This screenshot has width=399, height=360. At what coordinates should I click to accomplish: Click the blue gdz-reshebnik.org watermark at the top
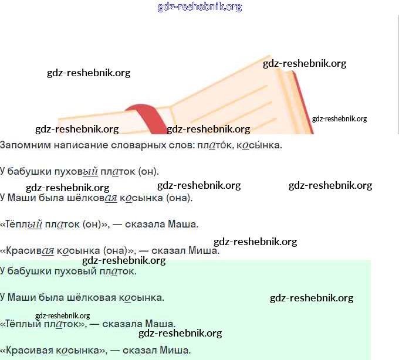pos(199,7)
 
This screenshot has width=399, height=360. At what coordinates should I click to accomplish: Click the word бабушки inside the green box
pos(26,271)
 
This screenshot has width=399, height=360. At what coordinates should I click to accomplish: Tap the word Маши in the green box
pos(20,297)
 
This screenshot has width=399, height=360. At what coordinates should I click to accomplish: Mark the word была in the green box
pos(50,297)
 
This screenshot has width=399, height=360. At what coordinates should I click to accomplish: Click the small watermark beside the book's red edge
pos(339,118)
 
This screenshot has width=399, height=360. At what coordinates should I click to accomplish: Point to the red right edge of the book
pos(303,103)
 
